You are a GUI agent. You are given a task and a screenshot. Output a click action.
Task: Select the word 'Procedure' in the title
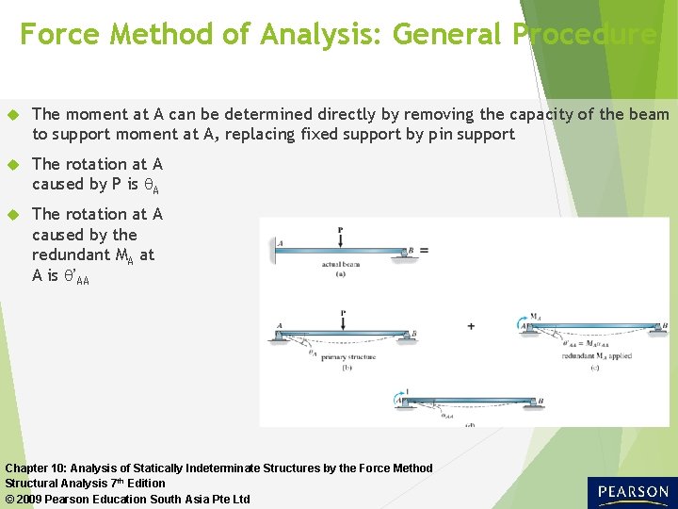pos(585,35)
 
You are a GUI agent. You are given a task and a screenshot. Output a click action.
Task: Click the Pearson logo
pos(631,492)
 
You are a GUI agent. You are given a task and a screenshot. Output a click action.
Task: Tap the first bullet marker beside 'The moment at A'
pos(14,115)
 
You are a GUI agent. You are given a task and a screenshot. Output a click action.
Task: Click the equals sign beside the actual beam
pos(424,251)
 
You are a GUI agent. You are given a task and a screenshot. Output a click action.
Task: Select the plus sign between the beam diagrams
pos(471,326)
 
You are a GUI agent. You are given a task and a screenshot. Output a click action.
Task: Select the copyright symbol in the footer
pos(10,499)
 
